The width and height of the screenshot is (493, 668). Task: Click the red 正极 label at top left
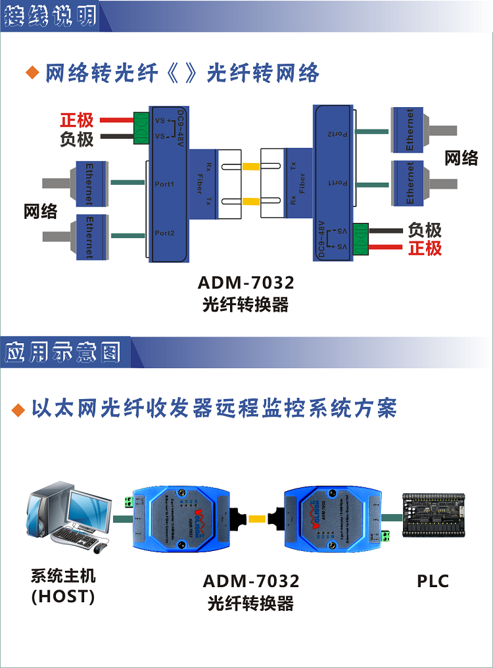click(x=77, y=120)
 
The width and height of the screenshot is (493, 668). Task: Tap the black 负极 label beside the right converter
click(x=425, y=230)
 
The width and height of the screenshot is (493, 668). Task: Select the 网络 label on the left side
click(x=40, y=212)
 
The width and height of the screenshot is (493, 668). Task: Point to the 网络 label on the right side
click(x=461, y=158)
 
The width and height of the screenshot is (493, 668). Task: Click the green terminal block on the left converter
click(x=141, y=128)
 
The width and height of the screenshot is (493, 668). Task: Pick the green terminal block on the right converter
click(x=360, y=239)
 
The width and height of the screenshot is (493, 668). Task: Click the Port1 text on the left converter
click(x=164, y=184)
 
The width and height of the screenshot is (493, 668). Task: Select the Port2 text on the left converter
click(x=164, y=233)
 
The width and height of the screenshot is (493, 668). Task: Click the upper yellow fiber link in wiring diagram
click(x=251, y=167)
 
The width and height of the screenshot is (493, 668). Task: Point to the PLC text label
click(x=433, y=581)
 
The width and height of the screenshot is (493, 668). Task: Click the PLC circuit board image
click(x=434, y=519)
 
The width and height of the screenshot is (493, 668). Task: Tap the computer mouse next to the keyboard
click(x=100, y=546)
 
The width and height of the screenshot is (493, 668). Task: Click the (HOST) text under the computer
click(x=63, y=596)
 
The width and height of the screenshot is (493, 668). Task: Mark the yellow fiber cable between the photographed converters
click(x=257, y=519)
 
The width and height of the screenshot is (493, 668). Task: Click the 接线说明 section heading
click(x=50, y=16)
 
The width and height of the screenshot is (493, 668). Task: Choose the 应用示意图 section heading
click(x=63, y=352)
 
